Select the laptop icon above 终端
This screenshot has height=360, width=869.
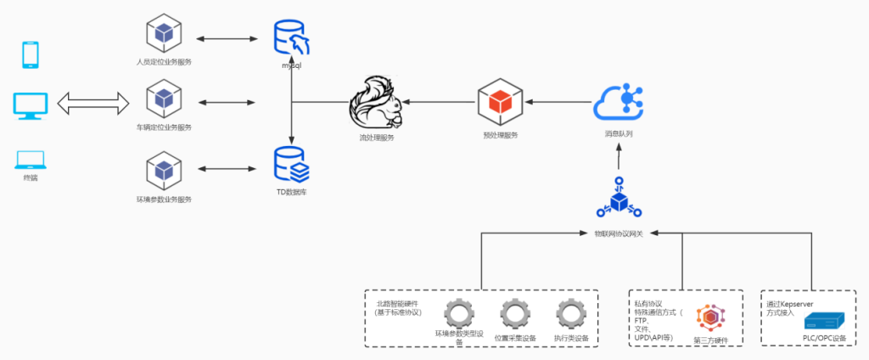coord(31,159)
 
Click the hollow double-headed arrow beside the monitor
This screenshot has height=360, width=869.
coord(93,104)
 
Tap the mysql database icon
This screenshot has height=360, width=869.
coord(291,37)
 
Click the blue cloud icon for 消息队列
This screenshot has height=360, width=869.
coord(624,102)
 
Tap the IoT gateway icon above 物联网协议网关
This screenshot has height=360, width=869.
coord(620,200)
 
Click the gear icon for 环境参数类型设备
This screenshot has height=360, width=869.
coord(459,313)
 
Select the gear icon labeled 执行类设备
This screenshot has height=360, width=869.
coord(570,313)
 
